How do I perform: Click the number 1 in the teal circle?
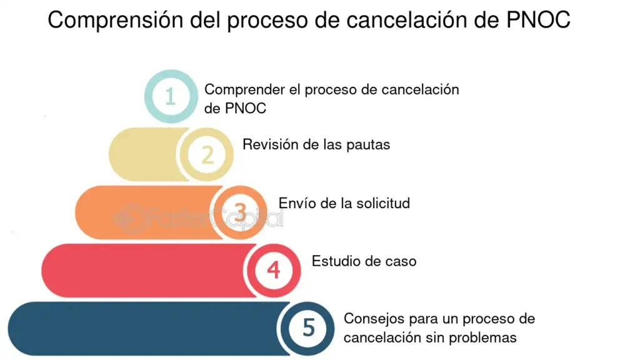(x=171, y=97)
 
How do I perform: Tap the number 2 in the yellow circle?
(x=207, y=155)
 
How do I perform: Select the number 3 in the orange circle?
(x=241, y=212)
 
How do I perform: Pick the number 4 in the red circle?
(x=274, y=270)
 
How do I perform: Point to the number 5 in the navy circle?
(x=309, y=328)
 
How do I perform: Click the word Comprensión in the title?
(x=116, y=21)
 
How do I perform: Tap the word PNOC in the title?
(x=538, y=19)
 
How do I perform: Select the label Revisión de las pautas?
(x=316, y=144)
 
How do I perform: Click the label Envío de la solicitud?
(x=344, y=203)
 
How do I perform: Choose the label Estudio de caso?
(x=364, y=261)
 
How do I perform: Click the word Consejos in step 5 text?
(x=374, y=318)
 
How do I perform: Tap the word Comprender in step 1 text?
(x=244, y=90)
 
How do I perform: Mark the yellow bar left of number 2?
(x=145, y=155)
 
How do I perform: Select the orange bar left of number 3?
(x=146, y=212)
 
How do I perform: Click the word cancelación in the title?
(x=406, y=19)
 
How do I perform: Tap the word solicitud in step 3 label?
(x=382, y=203)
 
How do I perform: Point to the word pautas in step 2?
(x=367, y=145)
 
